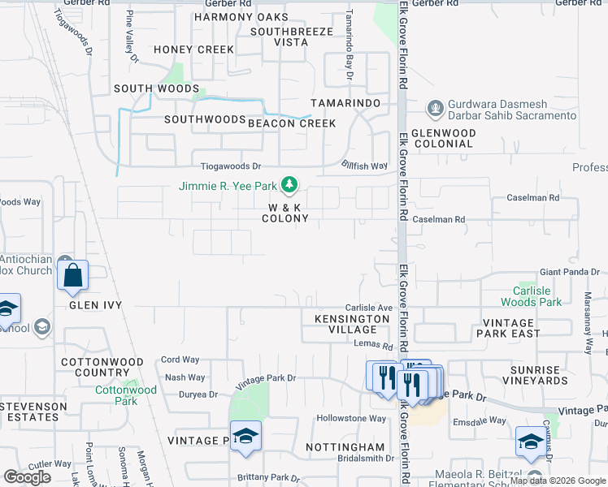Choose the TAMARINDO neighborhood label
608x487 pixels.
346,103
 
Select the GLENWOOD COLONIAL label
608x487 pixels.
442,138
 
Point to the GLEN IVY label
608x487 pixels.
95,305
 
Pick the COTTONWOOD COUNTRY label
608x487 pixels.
102,367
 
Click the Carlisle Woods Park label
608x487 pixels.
536,296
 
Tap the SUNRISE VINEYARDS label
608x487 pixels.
534,375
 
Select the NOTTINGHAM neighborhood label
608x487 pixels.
345,447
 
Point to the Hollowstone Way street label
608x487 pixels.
351,419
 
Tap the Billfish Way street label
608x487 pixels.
364,166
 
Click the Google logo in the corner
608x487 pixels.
27,477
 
